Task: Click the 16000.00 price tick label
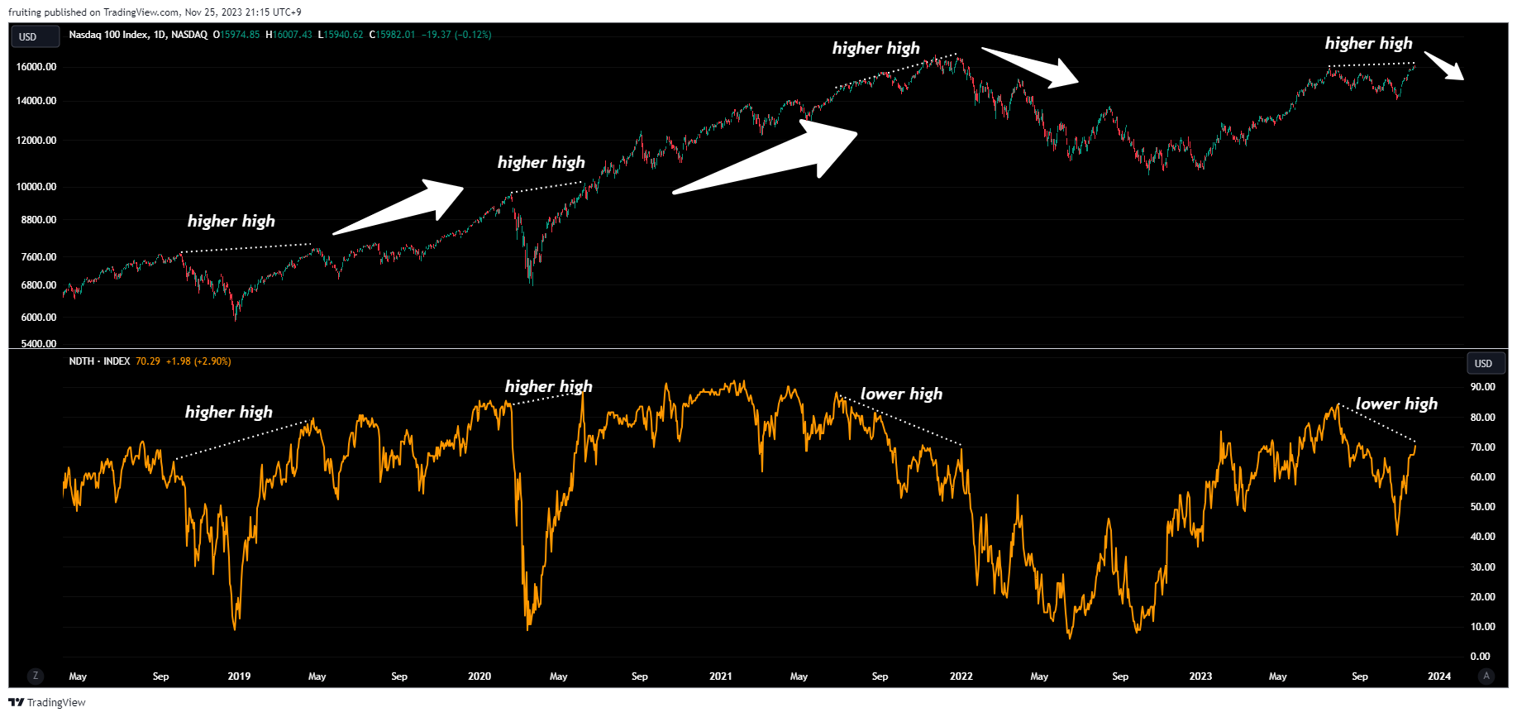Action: pos(36,67)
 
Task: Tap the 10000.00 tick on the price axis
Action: pos(36,187)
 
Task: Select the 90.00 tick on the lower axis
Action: pos(1482,387)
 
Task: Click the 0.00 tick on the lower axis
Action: pos(1480,657)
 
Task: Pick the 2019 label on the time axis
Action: pos(239,676)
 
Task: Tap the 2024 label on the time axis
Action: pos(1438,676)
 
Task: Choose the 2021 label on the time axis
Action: pos(720,676)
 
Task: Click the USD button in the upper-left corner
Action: pos(29,36)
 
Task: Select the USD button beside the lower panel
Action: pos(1483,363)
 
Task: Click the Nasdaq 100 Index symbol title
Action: pos(138,35)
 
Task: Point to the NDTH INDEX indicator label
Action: pos(99,361)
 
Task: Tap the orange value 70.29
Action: pos(148,361)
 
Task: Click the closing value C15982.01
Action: pos(392,35)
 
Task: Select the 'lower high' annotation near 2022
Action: pos(901,394)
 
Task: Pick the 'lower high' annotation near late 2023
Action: pos(1396,404)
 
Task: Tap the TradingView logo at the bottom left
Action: pos(47,702)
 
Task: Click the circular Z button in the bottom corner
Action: pos(35,676)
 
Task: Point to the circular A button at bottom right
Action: pos(1486,676)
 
